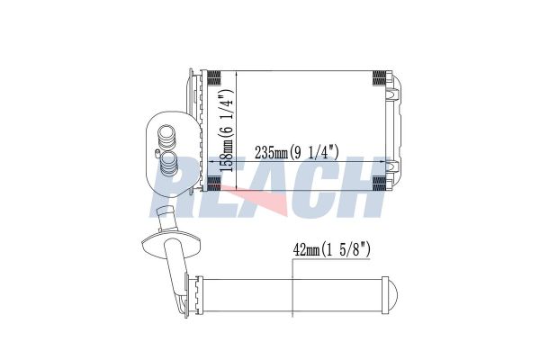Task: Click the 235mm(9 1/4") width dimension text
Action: tap(296, 152)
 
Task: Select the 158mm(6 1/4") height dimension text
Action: tap(227, 130)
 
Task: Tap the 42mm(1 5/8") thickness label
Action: tap(331, 249)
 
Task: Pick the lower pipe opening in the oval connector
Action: tap(169, 160)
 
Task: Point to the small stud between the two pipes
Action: tap(157, 151)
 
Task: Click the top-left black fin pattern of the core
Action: tap(214, 77)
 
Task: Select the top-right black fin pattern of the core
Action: tap(379, 77)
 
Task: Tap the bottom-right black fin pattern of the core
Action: tap(379, 184)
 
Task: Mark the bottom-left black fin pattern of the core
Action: tap(214, 184)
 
